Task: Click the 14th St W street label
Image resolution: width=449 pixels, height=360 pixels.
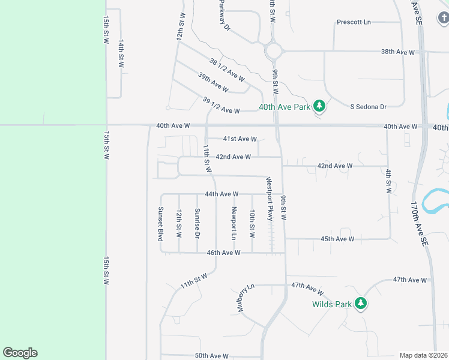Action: pyautogui.click(x=121, y=54)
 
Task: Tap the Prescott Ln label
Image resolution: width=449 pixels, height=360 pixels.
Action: pyautogui.click(x=354, y=22)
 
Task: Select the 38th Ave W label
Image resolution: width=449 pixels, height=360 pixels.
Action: pyautogui.click(x=398, y=52)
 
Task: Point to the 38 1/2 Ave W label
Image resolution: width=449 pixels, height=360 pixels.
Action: pyautogui.click(x=227, y=70)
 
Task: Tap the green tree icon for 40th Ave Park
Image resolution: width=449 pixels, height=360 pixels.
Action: pyautogui.click(x=319, y=106)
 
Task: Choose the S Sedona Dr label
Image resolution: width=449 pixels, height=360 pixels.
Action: pyautogui.click(x=368, y=106)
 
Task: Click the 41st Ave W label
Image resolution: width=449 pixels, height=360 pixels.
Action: pyautogui.click(x=240, y=139)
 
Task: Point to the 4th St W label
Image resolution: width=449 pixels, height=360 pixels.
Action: pyautogui.click(x=388, y=181)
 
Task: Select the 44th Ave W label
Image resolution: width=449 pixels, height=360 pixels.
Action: pyautogui.click(x=221, y=194)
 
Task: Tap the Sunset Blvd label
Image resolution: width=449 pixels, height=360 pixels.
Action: pyautogui.click(x=160, y=224)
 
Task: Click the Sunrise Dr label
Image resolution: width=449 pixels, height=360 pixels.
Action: pyautogui.click(x=197, y=222)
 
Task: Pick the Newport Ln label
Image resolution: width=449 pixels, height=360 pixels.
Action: pyautogui.click(x=234, y=223)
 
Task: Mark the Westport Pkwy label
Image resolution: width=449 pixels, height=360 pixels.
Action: pyautogui.click(x=270, y=198)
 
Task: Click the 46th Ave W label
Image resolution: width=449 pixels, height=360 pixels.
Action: pyautogui.click(x=223, y=253)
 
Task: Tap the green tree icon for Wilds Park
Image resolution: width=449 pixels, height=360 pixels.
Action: pyautogui.click(x=360, y=304)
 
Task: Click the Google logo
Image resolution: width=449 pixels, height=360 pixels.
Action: pyautogui.click(x=20, y=353)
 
